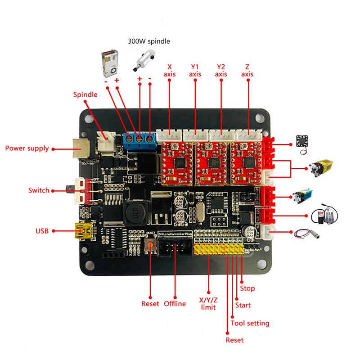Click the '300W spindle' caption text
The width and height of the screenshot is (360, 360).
coord(149,41)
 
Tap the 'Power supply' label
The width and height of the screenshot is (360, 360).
coord(27,148)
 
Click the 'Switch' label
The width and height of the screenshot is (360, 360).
coord(38,190)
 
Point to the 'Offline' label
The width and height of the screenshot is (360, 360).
coord(175,303)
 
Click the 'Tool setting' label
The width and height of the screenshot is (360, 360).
coord(250,323)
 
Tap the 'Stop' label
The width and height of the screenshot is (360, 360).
coord(247,288)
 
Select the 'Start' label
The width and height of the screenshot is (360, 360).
coord(243,306)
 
